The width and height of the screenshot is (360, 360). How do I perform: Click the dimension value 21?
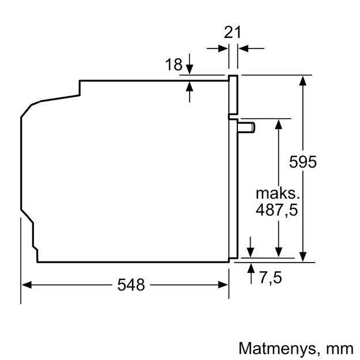click(232, 32)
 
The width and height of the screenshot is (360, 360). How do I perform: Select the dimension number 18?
click(173, 65)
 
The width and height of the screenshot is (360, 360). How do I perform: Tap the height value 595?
click(303, 162)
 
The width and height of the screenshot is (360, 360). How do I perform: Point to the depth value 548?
click(131, 285)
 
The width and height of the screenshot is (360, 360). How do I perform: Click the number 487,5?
click(276, 210)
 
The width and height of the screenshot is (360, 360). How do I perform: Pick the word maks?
click(278, 194)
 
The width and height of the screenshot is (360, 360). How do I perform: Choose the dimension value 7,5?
click(271, 278)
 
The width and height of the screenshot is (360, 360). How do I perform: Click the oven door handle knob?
click(247, 127)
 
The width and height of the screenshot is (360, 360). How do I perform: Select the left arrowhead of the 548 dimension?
click(26, 285)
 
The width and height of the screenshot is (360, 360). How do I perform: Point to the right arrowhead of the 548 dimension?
click(223, 285)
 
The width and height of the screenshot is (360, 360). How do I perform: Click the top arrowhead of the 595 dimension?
click(303, 81)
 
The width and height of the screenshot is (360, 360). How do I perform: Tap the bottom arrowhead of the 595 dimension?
click(303, 257)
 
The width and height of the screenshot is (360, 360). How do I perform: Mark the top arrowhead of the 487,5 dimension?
click(278, 124)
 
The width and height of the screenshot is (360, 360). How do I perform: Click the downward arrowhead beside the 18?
click(190, 69)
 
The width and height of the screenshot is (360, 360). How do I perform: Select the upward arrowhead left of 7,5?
click(251, 268)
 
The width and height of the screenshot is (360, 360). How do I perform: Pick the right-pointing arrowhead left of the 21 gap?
click(223, 48)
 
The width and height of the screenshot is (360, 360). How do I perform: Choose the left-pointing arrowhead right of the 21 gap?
click(244, 48)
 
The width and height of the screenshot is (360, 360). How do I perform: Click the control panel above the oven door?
click(233, 94)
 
